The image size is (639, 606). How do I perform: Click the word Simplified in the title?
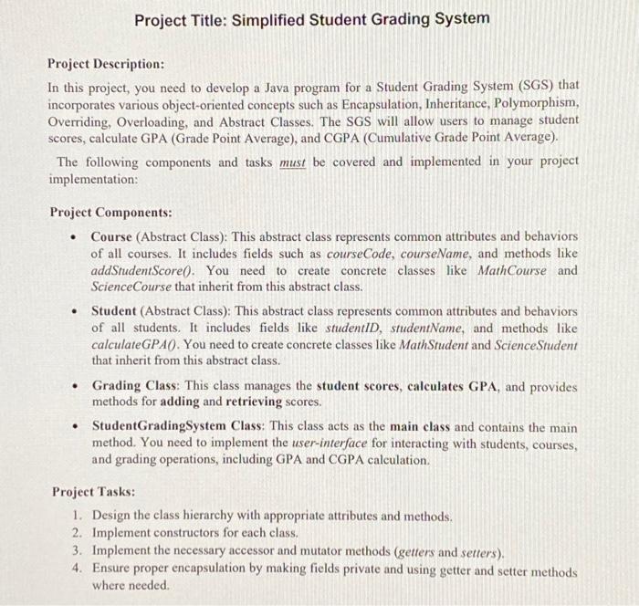[x=270, y=18]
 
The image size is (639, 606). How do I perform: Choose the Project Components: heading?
[x=110, y=212]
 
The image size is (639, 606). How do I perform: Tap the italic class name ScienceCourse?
[x=133, y=287]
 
